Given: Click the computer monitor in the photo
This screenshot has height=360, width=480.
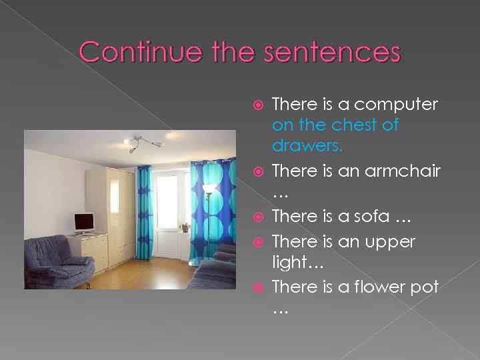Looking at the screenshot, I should pos(84,223).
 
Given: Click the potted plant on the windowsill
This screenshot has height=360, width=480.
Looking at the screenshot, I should pos(185,227).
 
